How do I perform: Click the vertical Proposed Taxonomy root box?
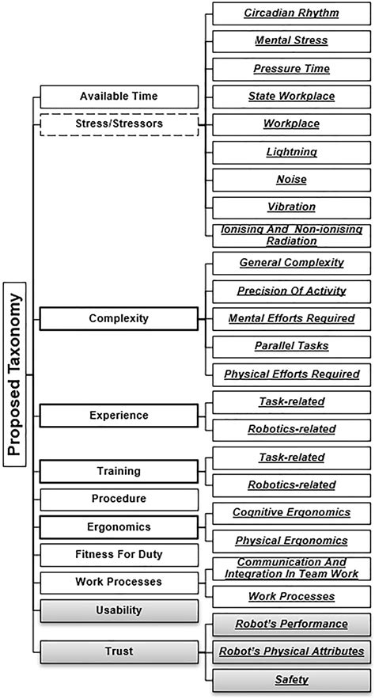coord(15,376)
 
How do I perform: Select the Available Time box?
coord(118,97)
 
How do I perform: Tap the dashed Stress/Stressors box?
coord(118,124)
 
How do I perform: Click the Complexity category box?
coord(118,318)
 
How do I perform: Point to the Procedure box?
coord(118,500)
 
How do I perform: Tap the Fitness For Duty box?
coord(118,554)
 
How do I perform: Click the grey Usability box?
coord(118,610)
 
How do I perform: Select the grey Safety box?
coord(290,679)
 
